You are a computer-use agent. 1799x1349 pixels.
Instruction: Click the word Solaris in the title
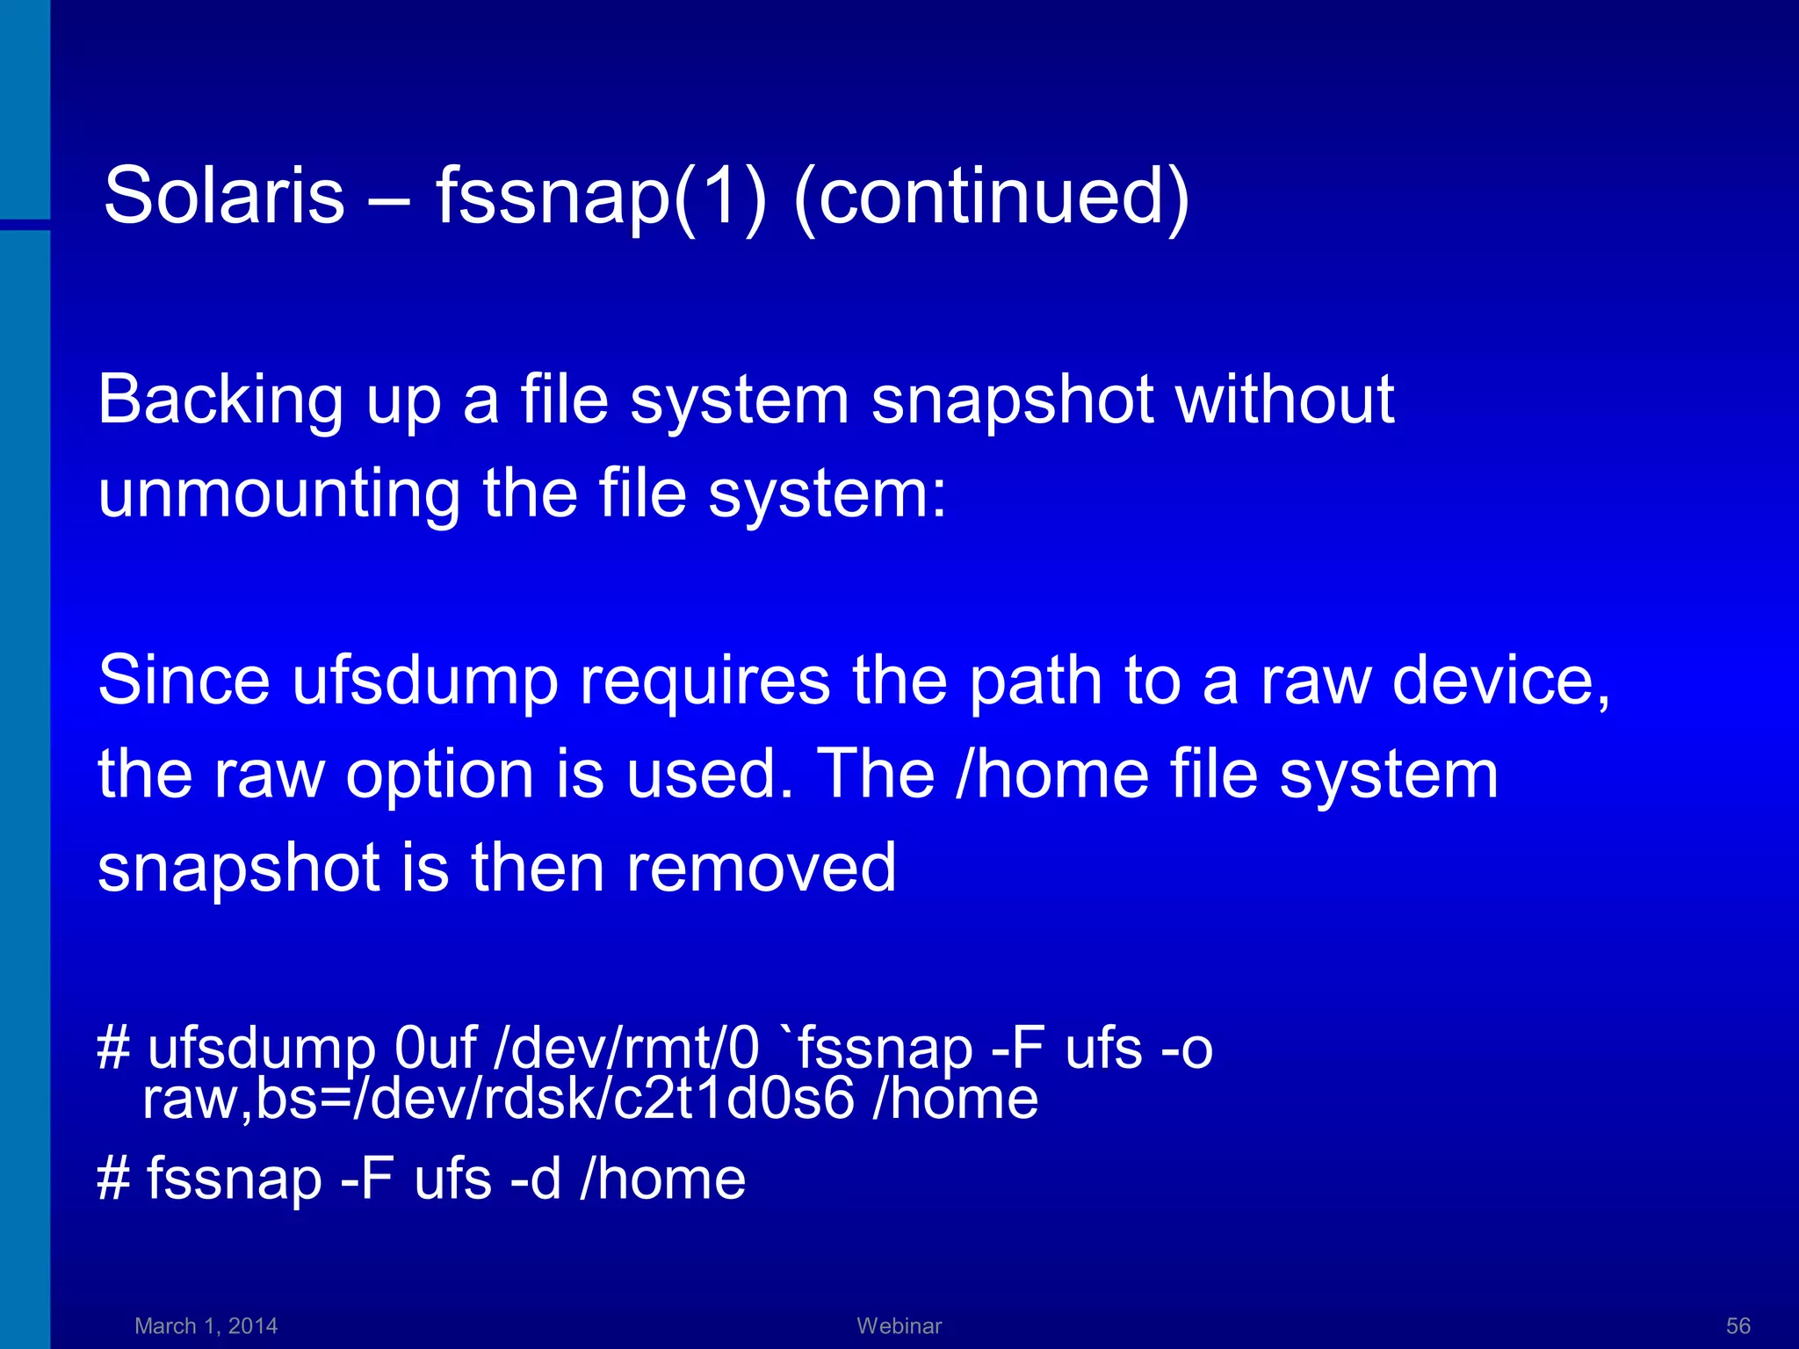coord(224,195)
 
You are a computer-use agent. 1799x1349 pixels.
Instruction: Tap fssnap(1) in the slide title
coord(601,195)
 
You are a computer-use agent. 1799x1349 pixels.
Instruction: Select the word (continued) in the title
coord(991,195)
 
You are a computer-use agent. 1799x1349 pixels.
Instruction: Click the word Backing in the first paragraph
coord(220,400)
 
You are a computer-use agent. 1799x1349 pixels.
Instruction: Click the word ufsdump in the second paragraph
coord(425,682)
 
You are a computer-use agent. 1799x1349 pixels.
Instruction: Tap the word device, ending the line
coord(1501,682)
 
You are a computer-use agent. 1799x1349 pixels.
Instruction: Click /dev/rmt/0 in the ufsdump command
coord(626,1049)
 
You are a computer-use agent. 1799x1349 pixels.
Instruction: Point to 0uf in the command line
coord(435,1049)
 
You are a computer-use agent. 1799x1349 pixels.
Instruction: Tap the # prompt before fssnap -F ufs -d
coord(113,1179)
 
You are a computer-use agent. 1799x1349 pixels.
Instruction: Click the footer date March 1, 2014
coord(206,1325)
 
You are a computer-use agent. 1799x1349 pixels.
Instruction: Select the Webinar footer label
coord(899,1325)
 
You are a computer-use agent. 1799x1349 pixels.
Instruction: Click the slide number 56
coord(1738,1325)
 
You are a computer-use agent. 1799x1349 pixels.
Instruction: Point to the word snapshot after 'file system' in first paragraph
coord(1011,400)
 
